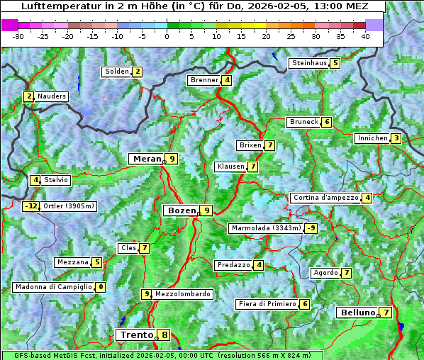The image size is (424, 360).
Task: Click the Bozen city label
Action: (181, 210)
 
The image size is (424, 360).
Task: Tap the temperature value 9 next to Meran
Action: (172, 159)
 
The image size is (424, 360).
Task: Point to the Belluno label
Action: (357, 313)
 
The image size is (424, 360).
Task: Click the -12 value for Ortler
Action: (30, 207)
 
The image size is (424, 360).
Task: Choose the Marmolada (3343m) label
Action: (265, 228)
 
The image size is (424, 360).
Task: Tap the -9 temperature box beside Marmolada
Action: (311, 228)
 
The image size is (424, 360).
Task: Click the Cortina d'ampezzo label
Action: (325, 198)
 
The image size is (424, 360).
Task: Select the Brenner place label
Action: (204, 80)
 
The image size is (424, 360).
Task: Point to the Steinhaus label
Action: (309, 63)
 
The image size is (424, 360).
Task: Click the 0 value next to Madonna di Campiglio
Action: (101, 287)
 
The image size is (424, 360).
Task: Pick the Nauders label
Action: (52, 96)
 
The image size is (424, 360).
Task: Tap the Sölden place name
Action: (117, 72)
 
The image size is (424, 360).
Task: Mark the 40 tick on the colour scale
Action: (365, 35)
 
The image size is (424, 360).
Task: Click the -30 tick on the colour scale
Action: (19, 35)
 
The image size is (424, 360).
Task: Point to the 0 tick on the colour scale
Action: (167, 35)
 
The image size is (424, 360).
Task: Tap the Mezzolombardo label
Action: (182, 294)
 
